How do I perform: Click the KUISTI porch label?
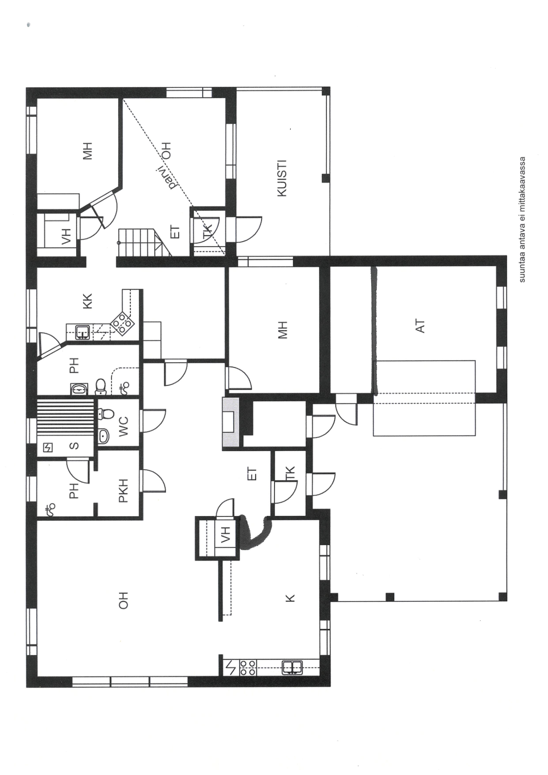point(282,178)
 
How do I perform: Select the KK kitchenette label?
point(87,301)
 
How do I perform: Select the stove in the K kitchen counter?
point(247,666)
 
